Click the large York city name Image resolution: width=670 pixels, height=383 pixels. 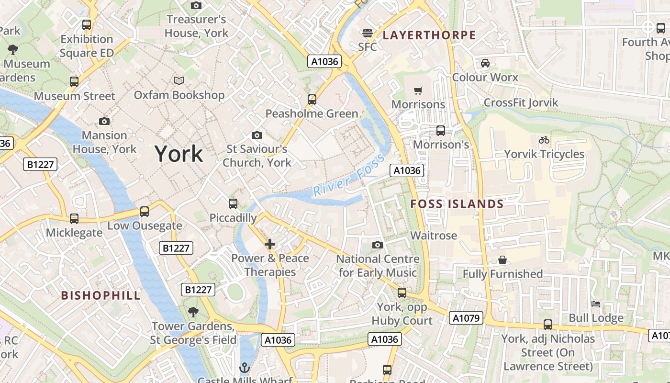[x=179, y=154]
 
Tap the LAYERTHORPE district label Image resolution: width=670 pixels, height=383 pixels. [x=429, y=35]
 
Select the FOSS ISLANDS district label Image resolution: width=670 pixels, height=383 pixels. [x=457, y=204]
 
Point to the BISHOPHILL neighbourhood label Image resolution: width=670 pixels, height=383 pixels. [x=101, y=295]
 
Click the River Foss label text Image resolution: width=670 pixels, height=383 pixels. [x=348, y=175]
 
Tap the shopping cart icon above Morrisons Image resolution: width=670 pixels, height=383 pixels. [x=418, y=90]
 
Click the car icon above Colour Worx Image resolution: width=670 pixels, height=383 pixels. [x=485, y=63]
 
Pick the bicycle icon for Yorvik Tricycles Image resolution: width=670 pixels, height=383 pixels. [x=544, y=140]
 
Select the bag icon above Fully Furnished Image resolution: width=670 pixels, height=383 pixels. [x=502, y=260]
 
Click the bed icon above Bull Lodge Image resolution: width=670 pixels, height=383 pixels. [x=596, y=304]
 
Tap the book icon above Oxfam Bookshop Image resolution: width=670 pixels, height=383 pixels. [x=179, y=81]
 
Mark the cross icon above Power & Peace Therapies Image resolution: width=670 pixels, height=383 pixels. [x=270, y=245]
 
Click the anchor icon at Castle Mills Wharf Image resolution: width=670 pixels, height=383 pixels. [x=245, y=368]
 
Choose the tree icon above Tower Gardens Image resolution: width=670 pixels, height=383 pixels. [x=193, y=312]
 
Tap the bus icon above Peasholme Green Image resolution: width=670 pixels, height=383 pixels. [x=312, y=100]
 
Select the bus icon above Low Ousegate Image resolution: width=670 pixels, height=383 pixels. [x=144, y=212]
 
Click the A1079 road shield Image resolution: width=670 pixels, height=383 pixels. [x=466, y=318]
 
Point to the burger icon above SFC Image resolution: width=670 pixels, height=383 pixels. [x=368, y=33]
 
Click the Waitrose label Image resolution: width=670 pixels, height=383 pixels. [x=434, y=236]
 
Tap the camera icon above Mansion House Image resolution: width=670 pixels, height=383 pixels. [x=104, y=121]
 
